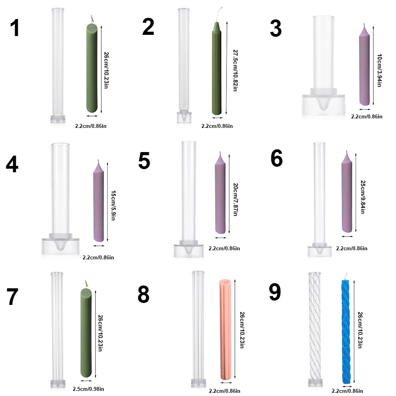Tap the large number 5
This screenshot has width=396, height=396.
pos(144,161)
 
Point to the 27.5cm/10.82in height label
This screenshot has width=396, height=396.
pos(234,70)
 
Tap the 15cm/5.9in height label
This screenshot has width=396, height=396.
pos(113,206)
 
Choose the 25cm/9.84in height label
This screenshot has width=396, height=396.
pos(362,197)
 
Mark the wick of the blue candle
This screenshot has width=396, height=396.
pos(346,275)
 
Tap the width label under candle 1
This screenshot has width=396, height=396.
pos(91,126)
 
